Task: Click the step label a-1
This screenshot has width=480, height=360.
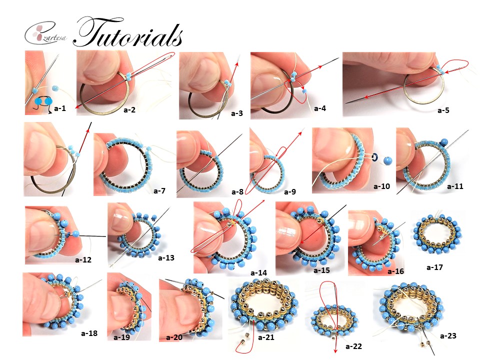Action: click(60, 107)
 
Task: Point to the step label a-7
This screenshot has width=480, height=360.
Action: click(160, 190)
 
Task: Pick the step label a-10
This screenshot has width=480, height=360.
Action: click(381, 186)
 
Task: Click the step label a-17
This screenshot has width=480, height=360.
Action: click(434, 267)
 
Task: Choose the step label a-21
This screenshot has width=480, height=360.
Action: click(267, 337)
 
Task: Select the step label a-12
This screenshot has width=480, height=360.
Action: click(83, 259)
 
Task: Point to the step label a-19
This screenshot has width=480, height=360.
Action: click(121, 337)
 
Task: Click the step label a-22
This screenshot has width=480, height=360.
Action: click(353, 345)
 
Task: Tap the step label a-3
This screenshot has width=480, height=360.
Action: click(237, 113)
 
